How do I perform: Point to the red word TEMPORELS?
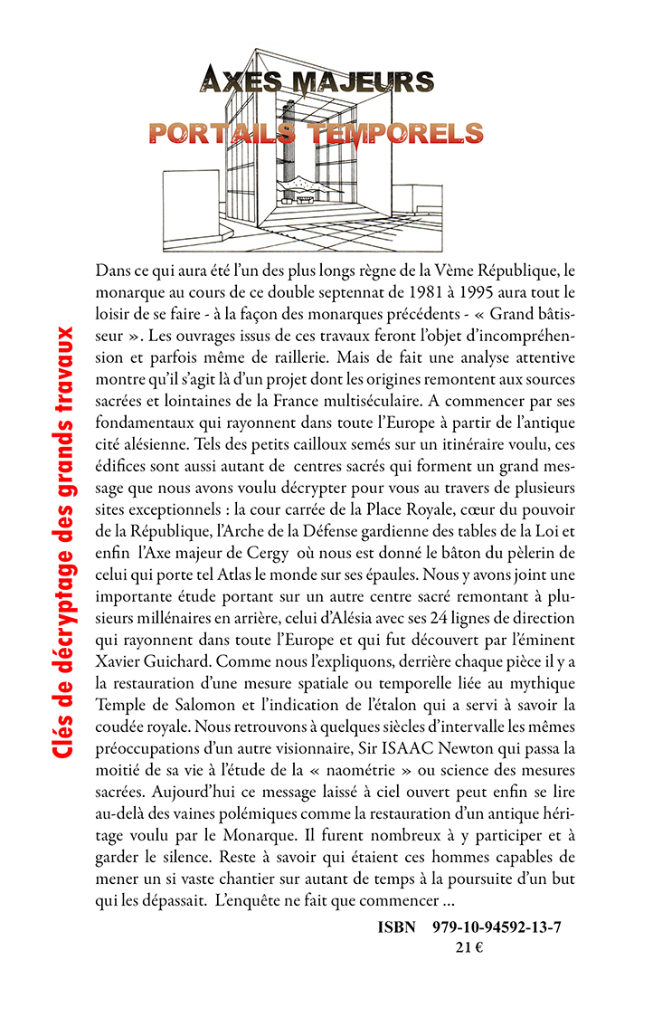point(394,134)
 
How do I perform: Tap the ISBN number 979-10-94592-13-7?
point(491,928)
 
